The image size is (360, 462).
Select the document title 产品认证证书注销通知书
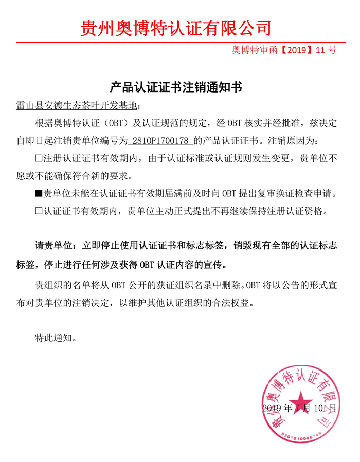coord(176,87)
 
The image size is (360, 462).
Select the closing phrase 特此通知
coord(55,338)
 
